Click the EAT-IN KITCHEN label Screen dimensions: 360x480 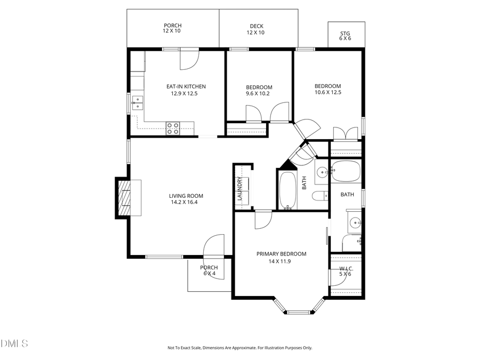[x=186, y=86]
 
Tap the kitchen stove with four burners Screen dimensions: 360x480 [x=173, y=127]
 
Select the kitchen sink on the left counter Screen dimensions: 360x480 [x=138, y=102]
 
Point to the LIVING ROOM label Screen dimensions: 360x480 [x=187, y=196]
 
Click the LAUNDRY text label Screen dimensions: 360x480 [x=240, y=189]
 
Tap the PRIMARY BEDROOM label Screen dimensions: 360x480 [x=281, y=254]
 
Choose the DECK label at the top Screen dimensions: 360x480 [x=256, y=26]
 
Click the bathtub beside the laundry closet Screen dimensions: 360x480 [x=287, y=191]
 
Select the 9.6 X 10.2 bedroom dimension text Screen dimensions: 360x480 [x=259, y=93]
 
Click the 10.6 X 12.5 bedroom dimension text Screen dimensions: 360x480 [x=327, y=92]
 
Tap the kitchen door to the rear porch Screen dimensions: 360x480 [x=189, y=59]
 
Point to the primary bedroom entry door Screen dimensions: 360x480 [x=263, y=219]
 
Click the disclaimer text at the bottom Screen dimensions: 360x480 [x=239, y=348]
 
